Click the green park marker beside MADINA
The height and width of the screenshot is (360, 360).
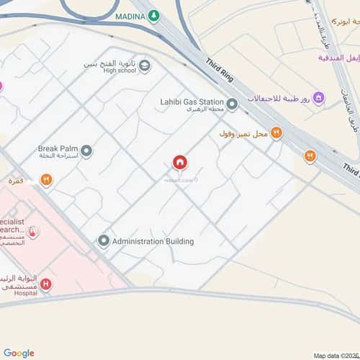(153, 17)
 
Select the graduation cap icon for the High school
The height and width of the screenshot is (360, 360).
(145, 66)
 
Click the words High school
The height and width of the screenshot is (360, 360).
(119, 71)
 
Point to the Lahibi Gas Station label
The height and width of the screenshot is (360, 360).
(192, 102)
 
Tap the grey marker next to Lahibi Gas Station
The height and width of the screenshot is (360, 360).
(232, 106)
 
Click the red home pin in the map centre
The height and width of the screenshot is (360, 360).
(179, 163)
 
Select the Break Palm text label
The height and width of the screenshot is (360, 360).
(57, 149)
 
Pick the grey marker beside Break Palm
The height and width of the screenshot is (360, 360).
(86, 151)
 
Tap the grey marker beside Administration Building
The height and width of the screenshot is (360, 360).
(104, 241)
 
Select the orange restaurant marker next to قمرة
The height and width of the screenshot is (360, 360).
(46, 180)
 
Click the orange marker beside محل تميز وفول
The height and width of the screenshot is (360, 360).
(276, 132)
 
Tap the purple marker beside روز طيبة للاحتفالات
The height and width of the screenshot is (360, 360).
(318, 98)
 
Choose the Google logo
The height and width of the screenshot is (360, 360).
(19, 353)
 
